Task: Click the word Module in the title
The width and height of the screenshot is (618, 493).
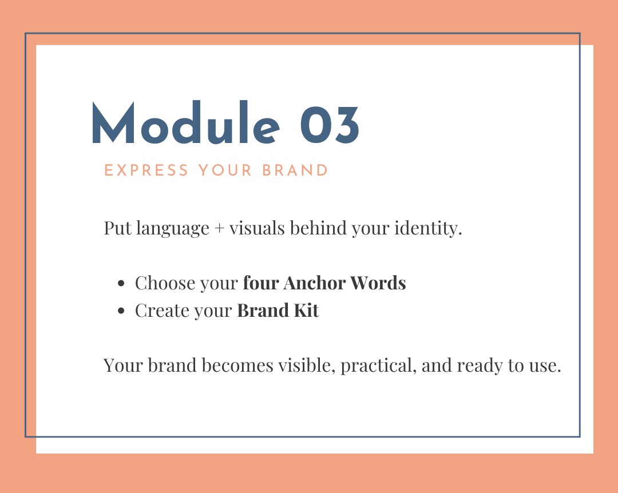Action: point(185,122)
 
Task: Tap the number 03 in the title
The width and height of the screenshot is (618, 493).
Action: point(330,125)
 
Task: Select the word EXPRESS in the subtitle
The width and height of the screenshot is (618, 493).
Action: point(146,170)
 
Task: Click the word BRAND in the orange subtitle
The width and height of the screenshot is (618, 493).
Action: point(295,170)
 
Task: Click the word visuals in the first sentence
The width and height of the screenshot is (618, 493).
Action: point(257,228)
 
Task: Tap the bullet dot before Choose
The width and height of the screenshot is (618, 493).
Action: point(121,283)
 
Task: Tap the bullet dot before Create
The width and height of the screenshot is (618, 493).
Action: point(121,311)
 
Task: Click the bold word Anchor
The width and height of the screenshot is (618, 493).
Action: point(314,283)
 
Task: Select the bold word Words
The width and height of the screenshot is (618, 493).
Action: point(378,283)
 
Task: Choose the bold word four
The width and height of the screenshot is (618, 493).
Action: point(260,283)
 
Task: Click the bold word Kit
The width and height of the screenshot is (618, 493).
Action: point(306,311)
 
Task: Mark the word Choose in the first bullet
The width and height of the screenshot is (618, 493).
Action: point(165,283)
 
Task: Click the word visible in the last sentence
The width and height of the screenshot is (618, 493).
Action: point(307,365)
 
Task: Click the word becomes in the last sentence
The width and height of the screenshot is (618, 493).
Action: point(237,365)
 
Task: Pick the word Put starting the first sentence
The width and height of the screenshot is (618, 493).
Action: point(117,228)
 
